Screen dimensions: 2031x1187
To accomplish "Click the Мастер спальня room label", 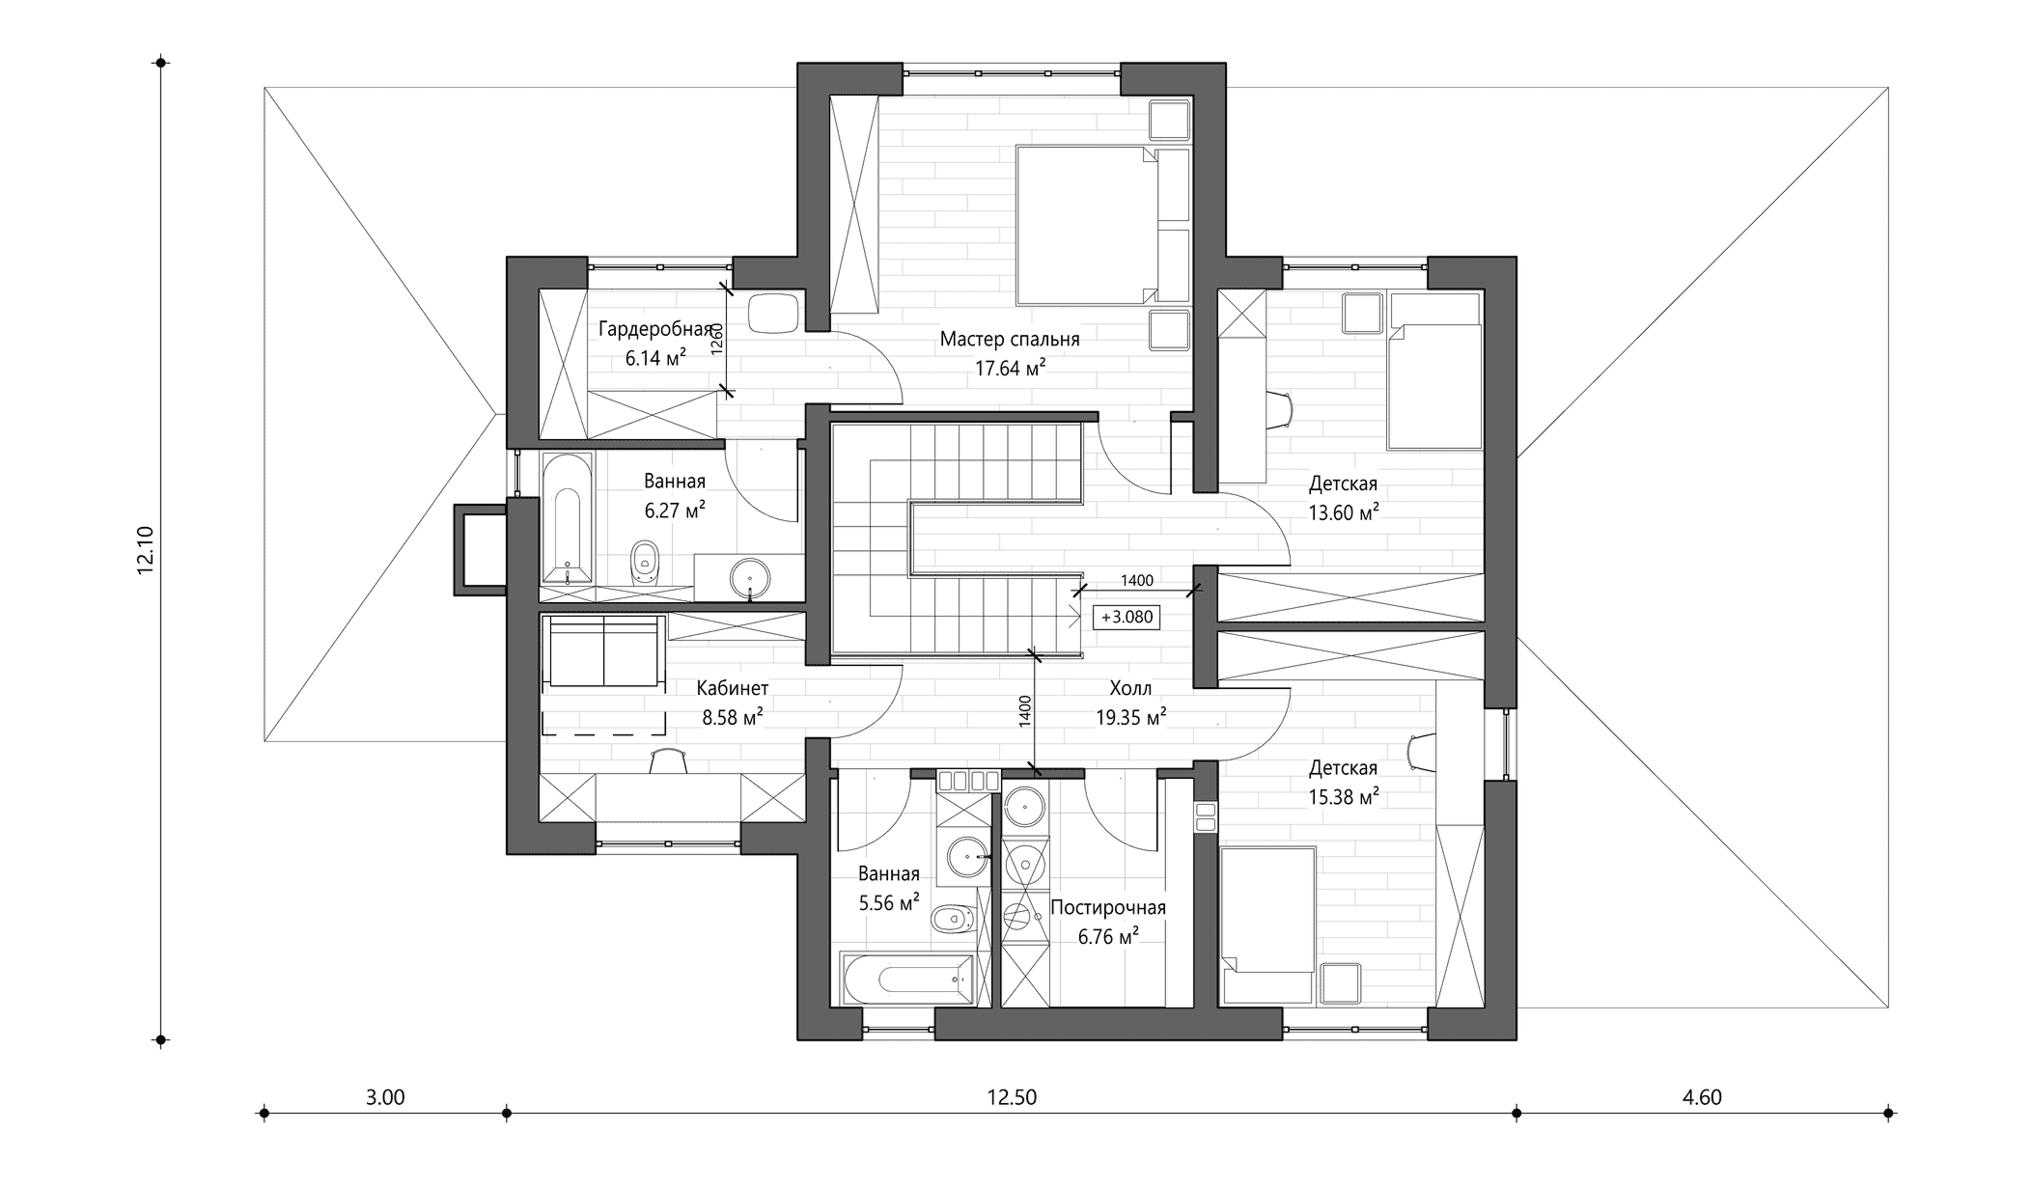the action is tap(1010, 340).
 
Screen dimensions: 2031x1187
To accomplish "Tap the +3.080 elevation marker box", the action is tap(1127, 617).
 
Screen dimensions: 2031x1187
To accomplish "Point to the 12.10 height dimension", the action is tap(146, 551).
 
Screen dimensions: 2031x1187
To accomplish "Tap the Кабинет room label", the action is tap(733, 688).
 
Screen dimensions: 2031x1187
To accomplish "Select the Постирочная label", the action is tap(1108, 908).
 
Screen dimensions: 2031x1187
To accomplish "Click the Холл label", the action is tap(1130, 688).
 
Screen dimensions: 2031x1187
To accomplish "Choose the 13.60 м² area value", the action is tap(1343, 512).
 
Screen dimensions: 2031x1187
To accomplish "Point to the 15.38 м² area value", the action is tap(1343, 797).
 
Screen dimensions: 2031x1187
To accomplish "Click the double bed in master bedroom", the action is tap(1087, 224).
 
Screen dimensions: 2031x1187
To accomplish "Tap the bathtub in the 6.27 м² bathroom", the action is tap(567, 518).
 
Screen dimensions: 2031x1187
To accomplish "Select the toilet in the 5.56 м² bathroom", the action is tap(952, 920).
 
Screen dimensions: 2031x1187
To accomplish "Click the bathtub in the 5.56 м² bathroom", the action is tap(907, 980).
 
